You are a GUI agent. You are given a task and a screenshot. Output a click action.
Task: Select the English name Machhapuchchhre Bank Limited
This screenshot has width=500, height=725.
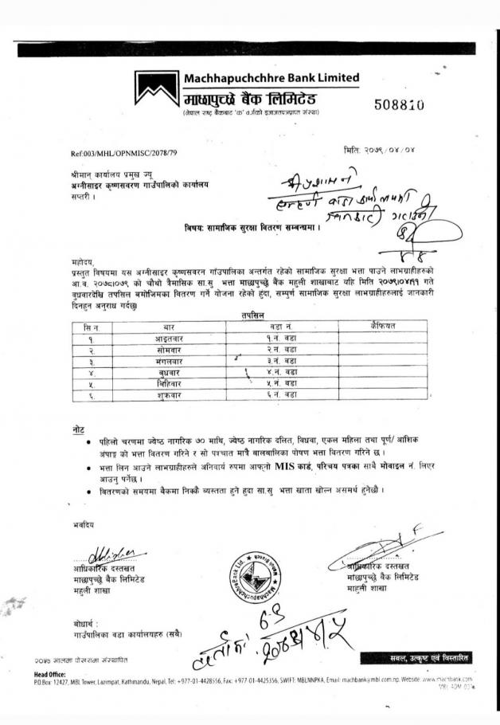271,78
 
